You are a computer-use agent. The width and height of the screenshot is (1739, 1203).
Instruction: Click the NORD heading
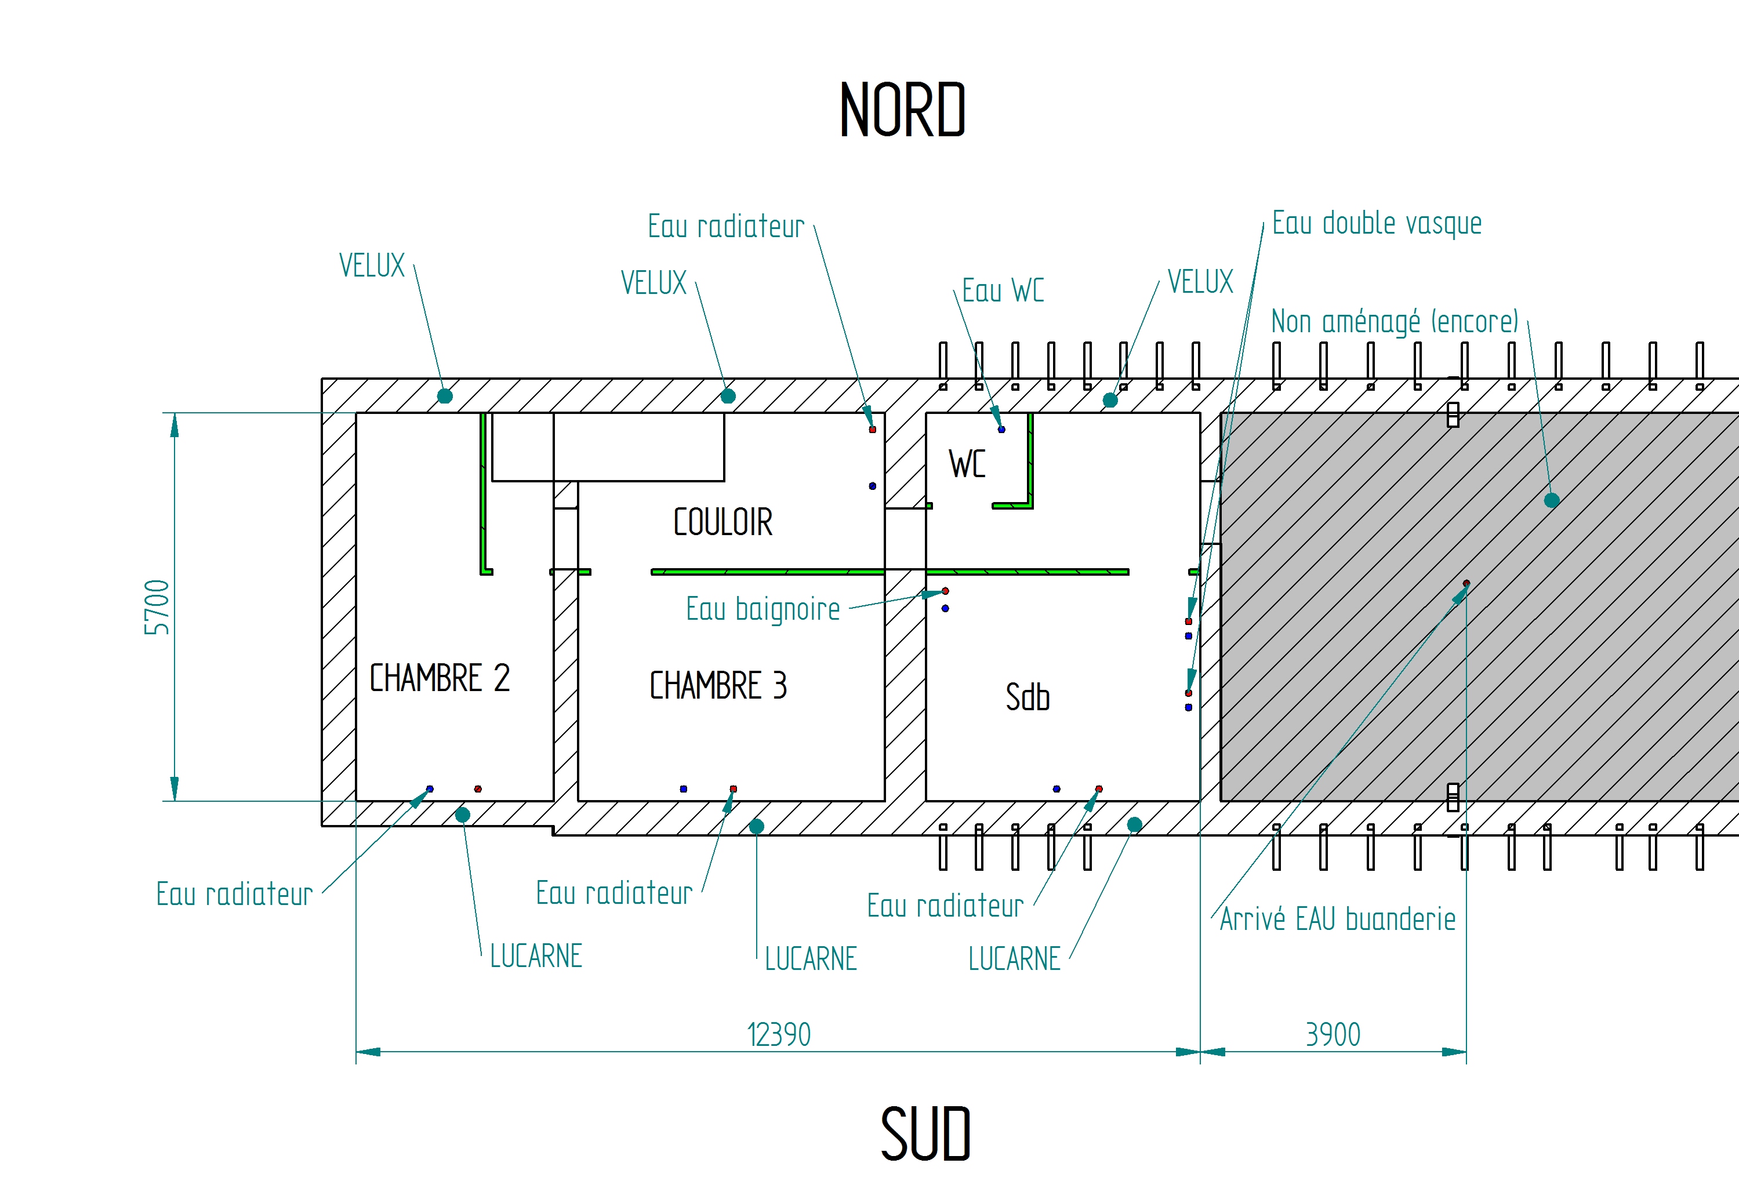[x=902, y=111]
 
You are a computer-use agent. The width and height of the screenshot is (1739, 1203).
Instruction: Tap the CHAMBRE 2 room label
[x=440, y=678]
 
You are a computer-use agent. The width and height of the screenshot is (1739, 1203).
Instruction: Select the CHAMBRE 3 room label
[x=718, y=686]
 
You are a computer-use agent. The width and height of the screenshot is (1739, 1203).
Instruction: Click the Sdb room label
[x=1028, y=697]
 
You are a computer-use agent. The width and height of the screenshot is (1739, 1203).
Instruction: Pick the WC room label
[x=967, y=464]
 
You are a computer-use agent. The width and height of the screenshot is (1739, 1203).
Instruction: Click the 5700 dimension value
[x=157, y=608]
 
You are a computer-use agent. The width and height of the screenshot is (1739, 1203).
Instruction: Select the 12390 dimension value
[x=779, y=1035]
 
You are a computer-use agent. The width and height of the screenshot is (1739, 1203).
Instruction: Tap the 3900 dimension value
[x=1333, y=1035]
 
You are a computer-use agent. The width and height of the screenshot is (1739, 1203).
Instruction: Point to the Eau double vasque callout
[x=1377, y=224]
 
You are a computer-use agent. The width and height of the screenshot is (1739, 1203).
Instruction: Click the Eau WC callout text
[x=1003, y=291]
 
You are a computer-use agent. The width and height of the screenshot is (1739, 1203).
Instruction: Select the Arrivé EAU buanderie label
[x=1337, y=919]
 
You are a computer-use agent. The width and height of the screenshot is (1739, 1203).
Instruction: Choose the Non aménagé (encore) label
[x=1395, y=322]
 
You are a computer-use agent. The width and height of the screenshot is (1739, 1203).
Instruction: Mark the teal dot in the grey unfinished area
[x=1551, y=500]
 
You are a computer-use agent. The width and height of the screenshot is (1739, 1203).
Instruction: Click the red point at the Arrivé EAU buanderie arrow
[x=1466, y=583]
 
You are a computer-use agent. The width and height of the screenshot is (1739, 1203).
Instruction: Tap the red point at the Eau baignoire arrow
[x=945, y=591]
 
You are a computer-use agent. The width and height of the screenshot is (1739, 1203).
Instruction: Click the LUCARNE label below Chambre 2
[x=536, y=957]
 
